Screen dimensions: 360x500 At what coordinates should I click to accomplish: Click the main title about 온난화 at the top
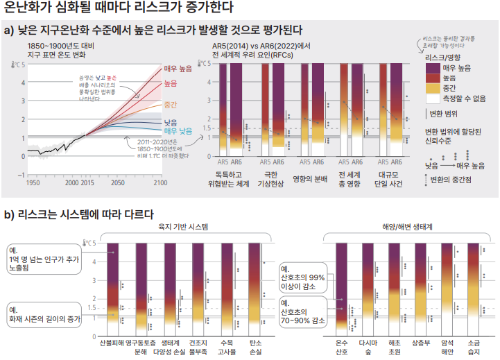click(x=119, y=8)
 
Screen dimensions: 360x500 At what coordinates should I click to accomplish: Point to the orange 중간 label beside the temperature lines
click(x=171, y=105)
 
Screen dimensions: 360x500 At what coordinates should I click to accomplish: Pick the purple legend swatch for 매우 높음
click(x=432, y=67)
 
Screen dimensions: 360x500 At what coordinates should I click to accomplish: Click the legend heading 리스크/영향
click(x=442, y=56)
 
